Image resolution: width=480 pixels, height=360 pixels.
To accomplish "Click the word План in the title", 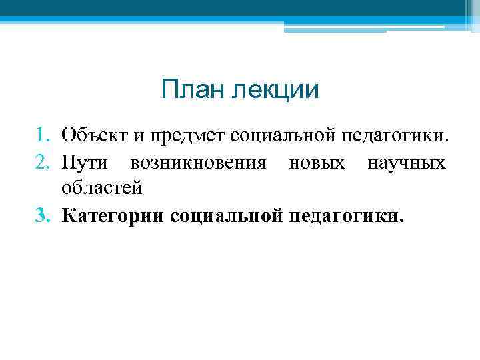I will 193,89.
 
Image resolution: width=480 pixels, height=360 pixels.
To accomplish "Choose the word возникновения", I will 200,163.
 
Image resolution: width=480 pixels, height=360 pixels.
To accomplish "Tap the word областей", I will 102,188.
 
